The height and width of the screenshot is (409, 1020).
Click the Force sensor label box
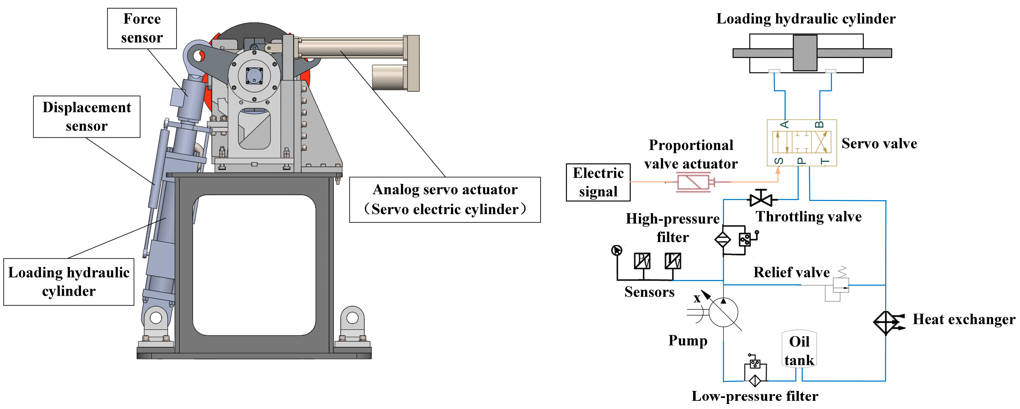pos(142,28)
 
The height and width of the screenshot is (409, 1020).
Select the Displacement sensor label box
pos(86,117)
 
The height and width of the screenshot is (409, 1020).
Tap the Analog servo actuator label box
pos(445,199)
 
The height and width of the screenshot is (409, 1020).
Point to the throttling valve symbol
pos(761,199)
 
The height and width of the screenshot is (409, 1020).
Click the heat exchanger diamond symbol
pos(886,323)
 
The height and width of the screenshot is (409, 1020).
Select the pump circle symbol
pos(723,312)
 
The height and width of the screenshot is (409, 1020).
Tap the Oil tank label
pos(799,350)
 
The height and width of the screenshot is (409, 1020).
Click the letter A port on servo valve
pos(785,125)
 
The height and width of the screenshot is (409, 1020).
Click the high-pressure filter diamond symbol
pos(723,239)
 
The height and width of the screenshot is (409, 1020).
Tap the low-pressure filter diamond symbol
pos(755,381)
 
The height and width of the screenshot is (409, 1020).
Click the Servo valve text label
pos(879,143)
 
